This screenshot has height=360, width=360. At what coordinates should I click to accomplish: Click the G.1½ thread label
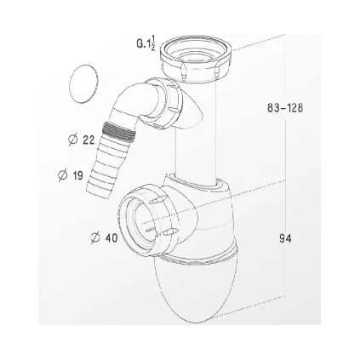click(145, 44)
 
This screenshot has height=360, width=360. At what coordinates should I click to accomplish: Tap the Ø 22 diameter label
click(82, 139)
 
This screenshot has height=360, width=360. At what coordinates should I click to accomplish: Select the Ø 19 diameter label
click(71, 174)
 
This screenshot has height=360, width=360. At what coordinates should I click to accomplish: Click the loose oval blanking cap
click(84, 87)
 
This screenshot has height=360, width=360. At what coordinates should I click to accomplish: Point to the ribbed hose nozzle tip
click(99, 180)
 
